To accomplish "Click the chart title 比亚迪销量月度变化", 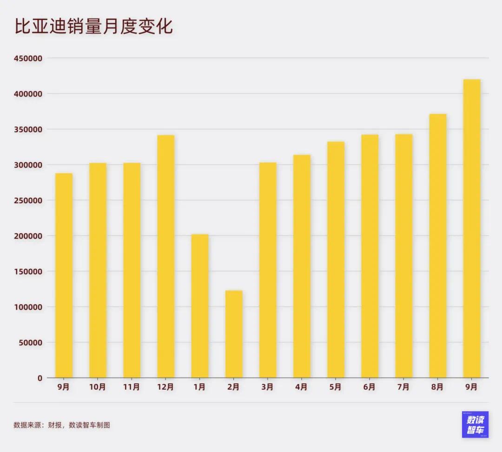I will (93, 27).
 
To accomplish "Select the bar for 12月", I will (166, 256).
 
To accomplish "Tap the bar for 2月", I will (234, 334).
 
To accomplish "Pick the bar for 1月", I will (200, 306).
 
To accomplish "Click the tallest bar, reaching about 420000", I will (472, 228).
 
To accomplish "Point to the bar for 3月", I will (268, 270).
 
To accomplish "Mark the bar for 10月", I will (98, 270).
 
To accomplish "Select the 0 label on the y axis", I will (40, 378).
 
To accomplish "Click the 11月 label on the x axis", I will (132, 387).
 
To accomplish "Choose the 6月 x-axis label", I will (370, 387).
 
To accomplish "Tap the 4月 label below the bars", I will (302, 387).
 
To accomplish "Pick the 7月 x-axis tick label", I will (403, 387).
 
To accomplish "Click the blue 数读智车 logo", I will (475, 424).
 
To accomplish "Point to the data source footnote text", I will (62, 425).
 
